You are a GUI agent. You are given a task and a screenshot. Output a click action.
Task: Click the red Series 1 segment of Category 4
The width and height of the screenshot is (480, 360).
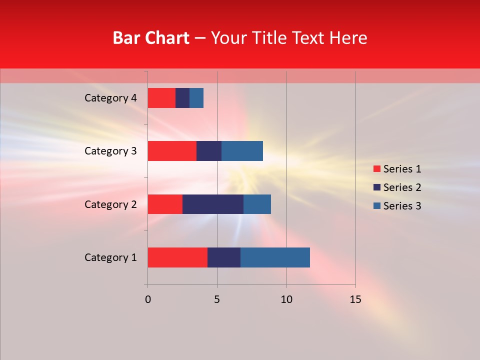[x=161, y=98]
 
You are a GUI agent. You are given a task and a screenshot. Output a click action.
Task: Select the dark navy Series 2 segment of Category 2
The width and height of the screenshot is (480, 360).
[x=213, y=204]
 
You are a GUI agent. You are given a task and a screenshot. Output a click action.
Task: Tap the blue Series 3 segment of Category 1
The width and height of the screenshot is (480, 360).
[x=275, y=257]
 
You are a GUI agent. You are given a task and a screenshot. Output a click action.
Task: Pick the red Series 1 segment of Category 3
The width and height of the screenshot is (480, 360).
[x=172, y=151]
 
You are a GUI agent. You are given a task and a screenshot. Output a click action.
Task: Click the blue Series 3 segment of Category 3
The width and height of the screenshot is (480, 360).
[x=242, y=151]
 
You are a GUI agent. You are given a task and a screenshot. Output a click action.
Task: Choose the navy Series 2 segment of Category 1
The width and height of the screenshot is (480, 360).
[x=224, y=257]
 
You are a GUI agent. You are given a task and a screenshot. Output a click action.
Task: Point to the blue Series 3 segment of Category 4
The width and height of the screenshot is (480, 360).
[x=196, y=98]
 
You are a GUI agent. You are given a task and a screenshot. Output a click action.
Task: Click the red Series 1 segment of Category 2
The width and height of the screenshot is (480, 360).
[x=165, y=204]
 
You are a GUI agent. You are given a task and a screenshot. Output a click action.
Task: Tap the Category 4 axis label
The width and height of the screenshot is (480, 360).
[x=110, y=98]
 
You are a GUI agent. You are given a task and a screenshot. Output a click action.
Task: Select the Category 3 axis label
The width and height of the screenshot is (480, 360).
[x=110, y=151]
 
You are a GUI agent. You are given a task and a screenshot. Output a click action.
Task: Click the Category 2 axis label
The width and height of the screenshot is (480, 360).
[x=110, y=204]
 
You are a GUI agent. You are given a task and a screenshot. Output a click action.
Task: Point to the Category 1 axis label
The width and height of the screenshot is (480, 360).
[x=110, y=257]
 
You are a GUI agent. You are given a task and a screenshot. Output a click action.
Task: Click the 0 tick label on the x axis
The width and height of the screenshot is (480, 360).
[x=147, y=299]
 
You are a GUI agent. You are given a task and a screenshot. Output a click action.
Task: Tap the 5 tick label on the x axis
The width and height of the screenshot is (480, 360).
[x=217, y=299]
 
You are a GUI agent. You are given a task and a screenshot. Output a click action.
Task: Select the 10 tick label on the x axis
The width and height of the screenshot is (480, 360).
[x=286, y=299]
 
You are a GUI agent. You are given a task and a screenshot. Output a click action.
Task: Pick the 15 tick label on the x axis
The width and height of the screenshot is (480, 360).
[x=355, y=299]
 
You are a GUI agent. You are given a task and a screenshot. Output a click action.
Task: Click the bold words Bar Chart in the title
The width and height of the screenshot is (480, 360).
[x=151, y=38]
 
